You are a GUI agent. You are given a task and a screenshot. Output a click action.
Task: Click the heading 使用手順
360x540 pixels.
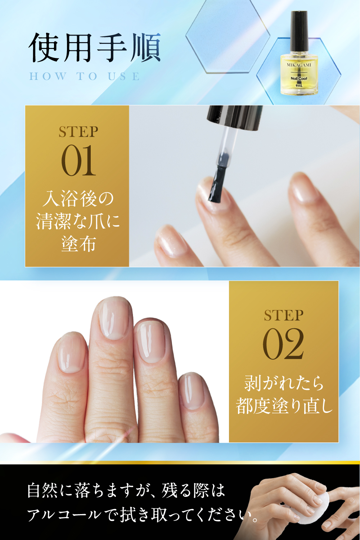[x=95, y=48]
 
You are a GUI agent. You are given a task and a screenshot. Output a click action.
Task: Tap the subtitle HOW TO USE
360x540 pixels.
[x=84, y=76]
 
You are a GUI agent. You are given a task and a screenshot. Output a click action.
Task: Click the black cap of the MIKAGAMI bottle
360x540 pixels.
[x=299, y=31]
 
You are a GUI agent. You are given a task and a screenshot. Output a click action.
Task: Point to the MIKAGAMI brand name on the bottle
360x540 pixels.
[x=299, y=65]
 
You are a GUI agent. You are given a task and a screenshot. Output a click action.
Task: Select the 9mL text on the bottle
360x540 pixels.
[x=299, y=86]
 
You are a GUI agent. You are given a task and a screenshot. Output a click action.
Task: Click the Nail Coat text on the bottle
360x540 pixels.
[x=299, y=78]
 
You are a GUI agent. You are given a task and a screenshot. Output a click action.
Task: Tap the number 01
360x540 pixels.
[x=78, y=160]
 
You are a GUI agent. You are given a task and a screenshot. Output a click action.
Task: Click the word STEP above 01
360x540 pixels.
[x=78, y=132]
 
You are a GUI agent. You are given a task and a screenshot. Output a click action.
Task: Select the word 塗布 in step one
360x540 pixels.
[x=78, y=244]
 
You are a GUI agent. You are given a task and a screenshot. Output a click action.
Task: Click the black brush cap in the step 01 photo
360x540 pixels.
[x=235, y=118]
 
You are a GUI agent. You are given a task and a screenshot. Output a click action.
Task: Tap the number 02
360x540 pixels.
[x=283, y=344]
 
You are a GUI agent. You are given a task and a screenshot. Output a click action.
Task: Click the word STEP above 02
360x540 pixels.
[x=284, y=315]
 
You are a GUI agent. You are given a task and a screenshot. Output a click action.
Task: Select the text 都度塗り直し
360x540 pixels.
[x=284, y=406]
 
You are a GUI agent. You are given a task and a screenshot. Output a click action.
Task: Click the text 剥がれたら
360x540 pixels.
[x=284, y=383]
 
